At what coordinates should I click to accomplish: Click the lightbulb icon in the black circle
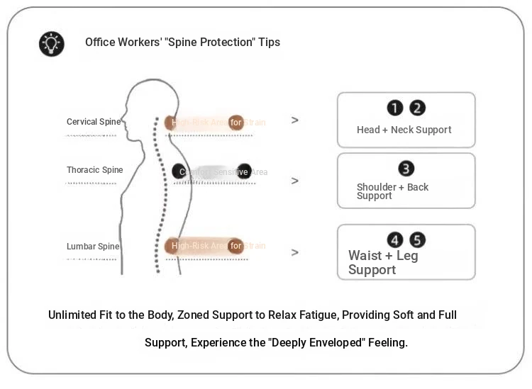point(51,43)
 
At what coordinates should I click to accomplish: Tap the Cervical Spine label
point(94,122)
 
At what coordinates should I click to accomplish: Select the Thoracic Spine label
point(95,170)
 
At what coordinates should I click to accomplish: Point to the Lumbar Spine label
point(93,247)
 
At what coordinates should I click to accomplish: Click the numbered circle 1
point(394,108)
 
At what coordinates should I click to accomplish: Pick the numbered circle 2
point(418,108)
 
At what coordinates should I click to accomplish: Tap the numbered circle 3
point(406,169)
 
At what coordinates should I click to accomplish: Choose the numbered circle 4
point(394,240)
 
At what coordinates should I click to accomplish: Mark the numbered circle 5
point(418,240)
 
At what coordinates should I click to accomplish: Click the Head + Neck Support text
point(404,130)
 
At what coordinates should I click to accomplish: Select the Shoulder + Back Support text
point(392,191)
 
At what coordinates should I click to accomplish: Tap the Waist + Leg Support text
point(383,262)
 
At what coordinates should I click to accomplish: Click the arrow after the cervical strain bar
point(295,120)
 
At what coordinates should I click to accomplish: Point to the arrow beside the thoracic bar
point(295,181)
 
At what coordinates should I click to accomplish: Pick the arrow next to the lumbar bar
point(295,252)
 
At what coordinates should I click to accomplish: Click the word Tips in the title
point(269,43)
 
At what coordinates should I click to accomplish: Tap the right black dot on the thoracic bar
point(244,171)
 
